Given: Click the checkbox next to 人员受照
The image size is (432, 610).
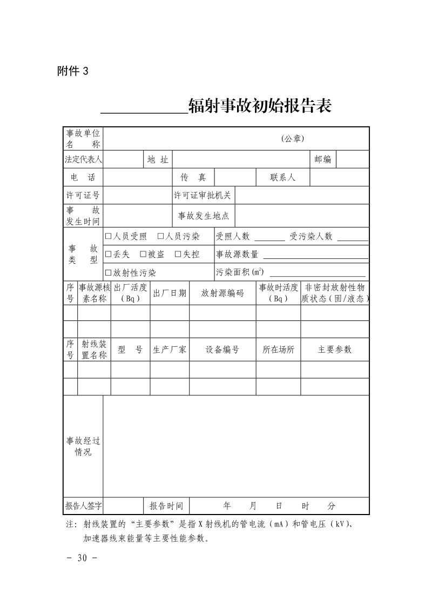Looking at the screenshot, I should tap(108, 236).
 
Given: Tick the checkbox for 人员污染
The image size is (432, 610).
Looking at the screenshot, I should tap(161, 236).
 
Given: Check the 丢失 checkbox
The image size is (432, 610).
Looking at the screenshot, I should tap(108, 255).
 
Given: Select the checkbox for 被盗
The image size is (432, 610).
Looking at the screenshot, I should tap(143, 255).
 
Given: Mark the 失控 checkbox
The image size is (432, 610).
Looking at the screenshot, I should tap(178, 255).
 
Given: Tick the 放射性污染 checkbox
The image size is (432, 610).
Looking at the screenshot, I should tap(108, 273).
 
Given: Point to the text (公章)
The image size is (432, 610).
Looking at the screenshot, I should tap(293, 139).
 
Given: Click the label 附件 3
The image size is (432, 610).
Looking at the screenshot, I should tap(72, 71).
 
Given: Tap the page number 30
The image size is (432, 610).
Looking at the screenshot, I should tap(83, 558).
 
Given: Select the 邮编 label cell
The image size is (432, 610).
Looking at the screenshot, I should tap(322, 160).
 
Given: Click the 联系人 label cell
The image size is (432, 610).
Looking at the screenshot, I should tap(283, 177).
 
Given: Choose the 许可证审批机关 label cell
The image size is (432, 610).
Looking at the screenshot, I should tap(202, 195).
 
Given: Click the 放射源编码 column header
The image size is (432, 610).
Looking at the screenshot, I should tap(222, 293).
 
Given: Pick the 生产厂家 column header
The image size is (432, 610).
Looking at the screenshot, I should tap(170, 349).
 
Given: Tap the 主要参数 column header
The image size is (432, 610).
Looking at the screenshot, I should tap(335, 349).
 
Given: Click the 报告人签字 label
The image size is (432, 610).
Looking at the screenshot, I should tap(83, 506).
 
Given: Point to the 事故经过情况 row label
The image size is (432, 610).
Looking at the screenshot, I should tap(83, 447).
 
